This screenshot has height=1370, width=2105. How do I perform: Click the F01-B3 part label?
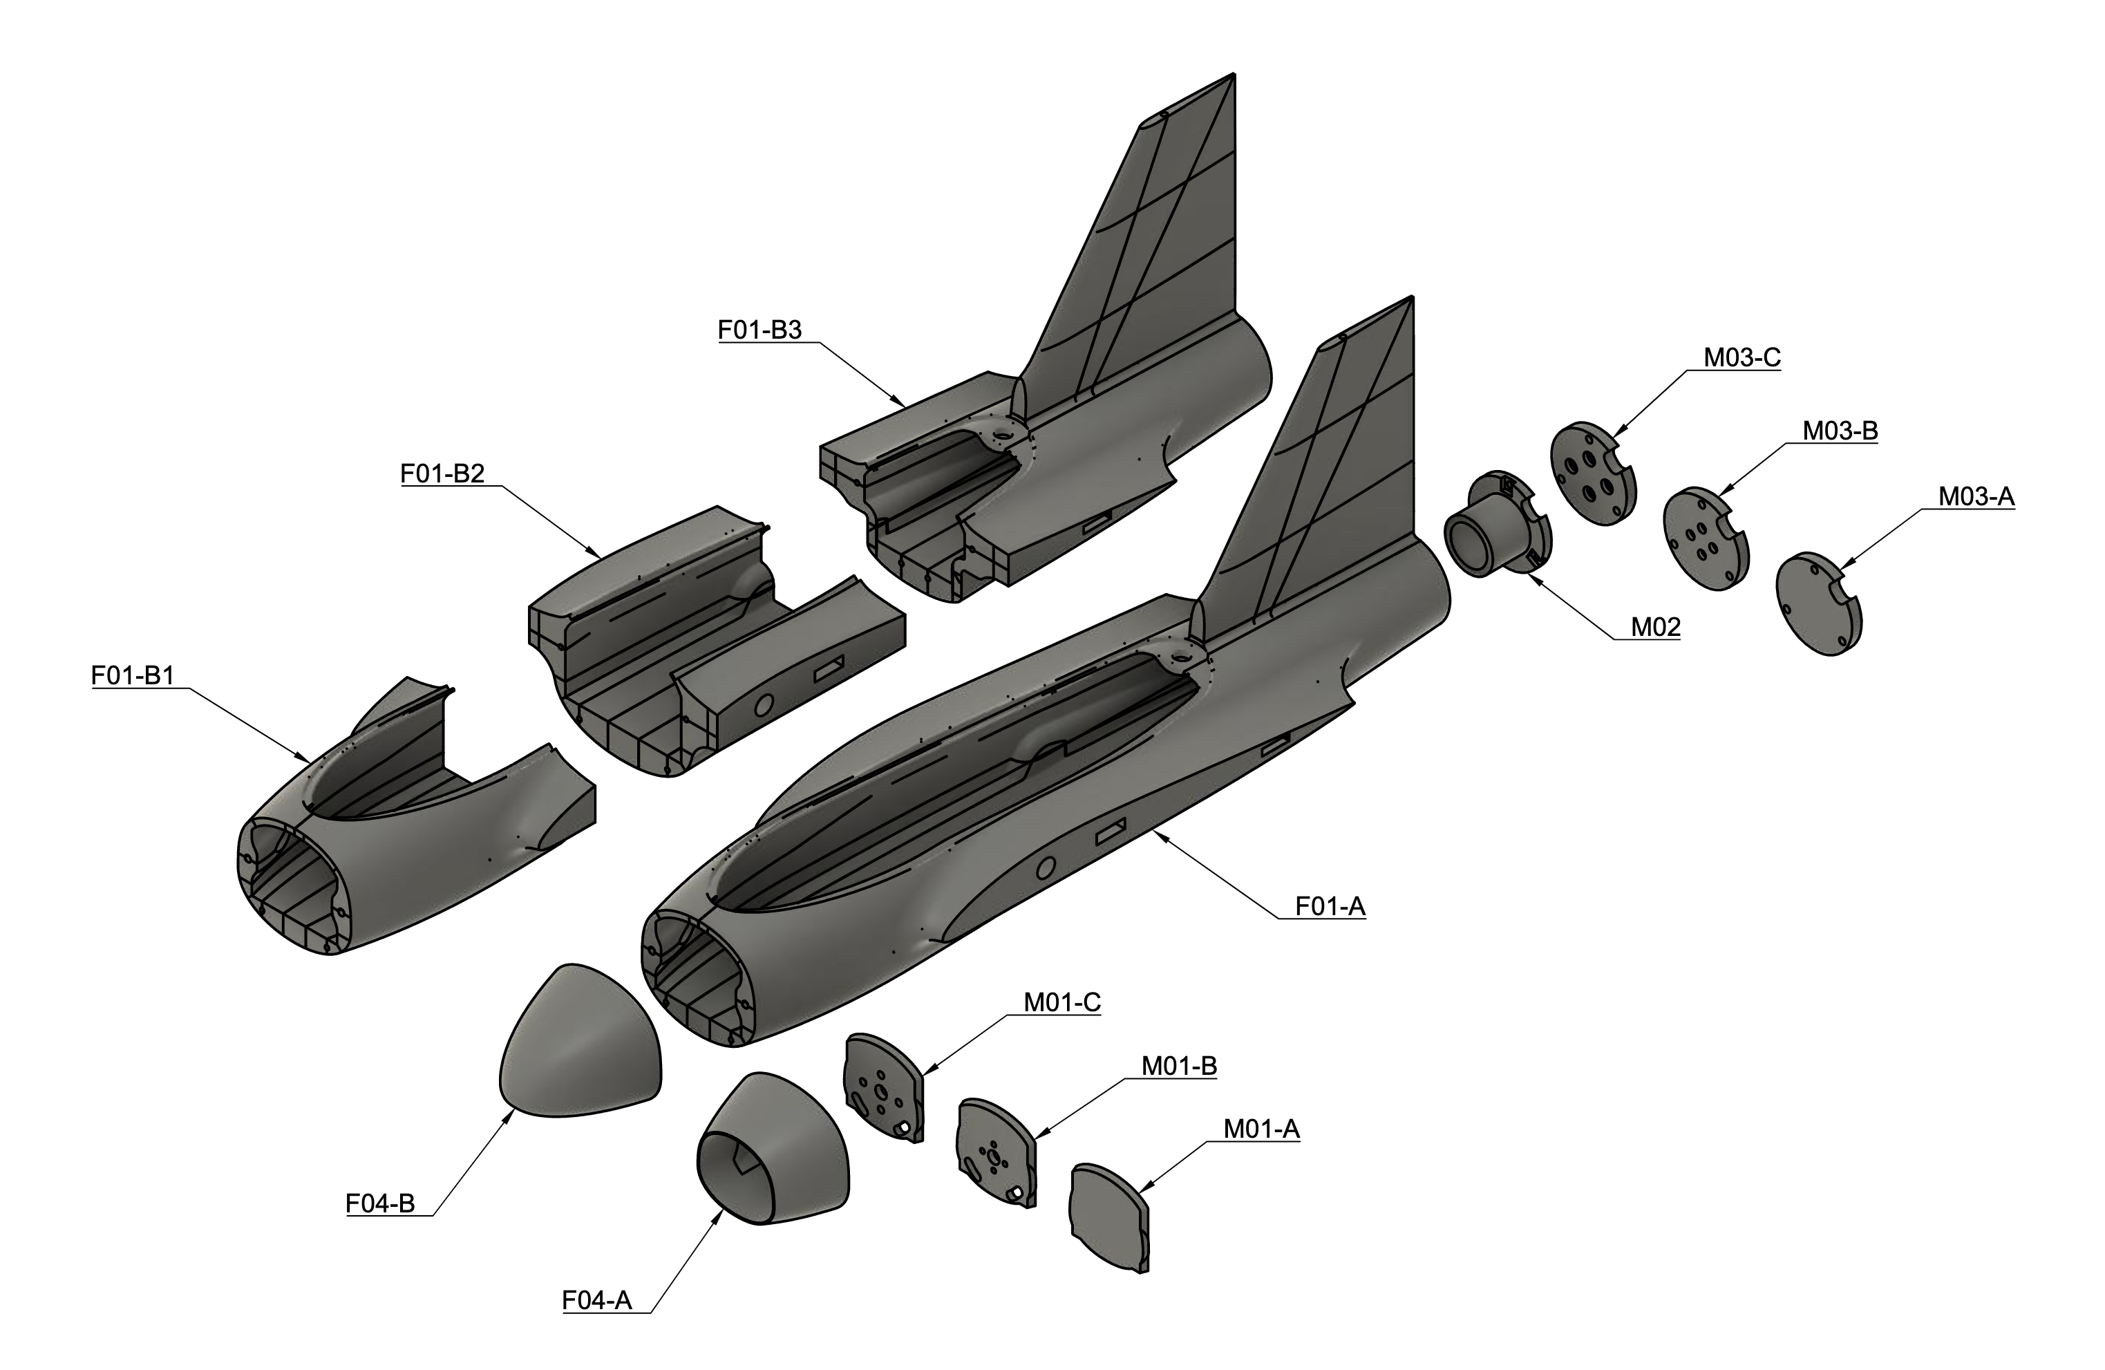759,330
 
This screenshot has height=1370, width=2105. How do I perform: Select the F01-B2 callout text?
442,474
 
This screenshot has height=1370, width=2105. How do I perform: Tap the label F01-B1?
133,676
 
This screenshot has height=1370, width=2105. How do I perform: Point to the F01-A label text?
1330,907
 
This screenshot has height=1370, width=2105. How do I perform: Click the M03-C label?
1741,358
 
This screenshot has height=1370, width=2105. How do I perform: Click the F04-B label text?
379,1203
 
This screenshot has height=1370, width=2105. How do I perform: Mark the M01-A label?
1261,1129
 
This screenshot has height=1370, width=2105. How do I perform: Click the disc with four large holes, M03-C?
1593,474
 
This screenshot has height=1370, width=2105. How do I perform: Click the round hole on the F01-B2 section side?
765,704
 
